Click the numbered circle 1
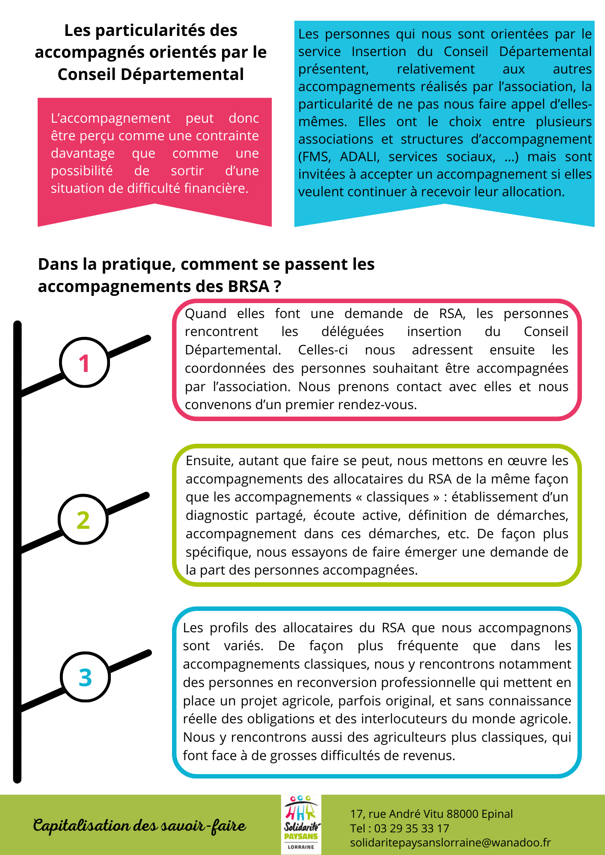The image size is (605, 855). pos(84,363)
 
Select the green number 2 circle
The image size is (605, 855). pos(83,519)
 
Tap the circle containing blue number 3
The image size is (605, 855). pos(86,677)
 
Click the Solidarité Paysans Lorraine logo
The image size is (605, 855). pos(301,825)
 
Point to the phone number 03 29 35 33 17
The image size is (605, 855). pos(412,828)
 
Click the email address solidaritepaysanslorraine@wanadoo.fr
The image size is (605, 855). pos(450,843)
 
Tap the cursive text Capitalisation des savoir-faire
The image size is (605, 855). pos(139,826)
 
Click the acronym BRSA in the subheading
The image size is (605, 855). pos(248,286)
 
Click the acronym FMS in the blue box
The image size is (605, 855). pos(314,157)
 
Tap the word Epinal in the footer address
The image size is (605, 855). pos(497,814)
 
